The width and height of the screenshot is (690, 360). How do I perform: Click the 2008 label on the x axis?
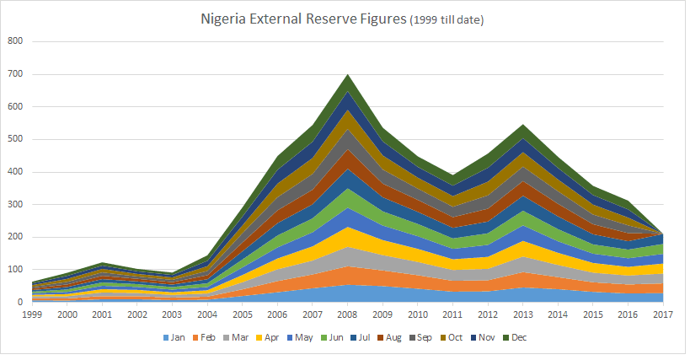[347, 314]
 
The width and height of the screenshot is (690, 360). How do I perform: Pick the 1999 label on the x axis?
[32, 314]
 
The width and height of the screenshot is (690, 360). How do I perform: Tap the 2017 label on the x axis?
[662, 314]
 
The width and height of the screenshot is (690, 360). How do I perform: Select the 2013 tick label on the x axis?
[522, 314]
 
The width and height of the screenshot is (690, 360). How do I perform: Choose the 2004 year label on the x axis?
[207, 314]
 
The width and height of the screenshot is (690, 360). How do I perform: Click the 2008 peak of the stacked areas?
[347, 75]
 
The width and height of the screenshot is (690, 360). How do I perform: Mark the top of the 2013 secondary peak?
[522, 125]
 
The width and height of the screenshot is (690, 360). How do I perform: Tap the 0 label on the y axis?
[20, 302]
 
